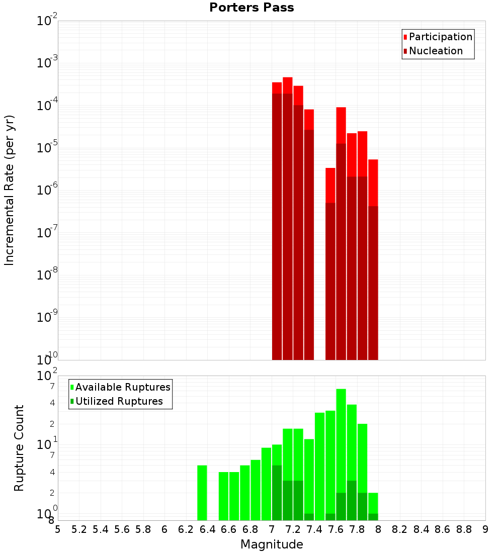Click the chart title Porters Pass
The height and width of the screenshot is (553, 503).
tap(251, 8)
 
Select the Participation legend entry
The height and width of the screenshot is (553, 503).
tap(440, 37)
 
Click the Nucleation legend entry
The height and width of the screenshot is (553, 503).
tap(436, 51)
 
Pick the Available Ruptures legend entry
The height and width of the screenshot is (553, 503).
tap(122, 387)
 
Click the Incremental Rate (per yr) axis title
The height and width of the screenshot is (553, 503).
tap(10, 191)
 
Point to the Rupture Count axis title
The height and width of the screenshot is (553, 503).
tap(19, 448)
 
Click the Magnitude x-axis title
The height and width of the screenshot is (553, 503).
tap(272, 544)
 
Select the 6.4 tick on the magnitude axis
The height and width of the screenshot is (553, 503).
tap(207, 529)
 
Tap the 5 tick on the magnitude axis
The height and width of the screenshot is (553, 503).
tap(58, 529)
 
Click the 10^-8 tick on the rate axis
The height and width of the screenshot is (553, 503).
tap(48, 275)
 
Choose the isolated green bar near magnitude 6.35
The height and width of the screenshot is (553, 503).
tap(202, 493)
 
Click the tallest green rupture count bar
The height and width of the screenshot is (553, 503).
tap(341, 452)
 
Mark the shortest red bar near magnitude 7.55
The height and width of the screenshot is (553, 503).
tap(330, 261)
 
